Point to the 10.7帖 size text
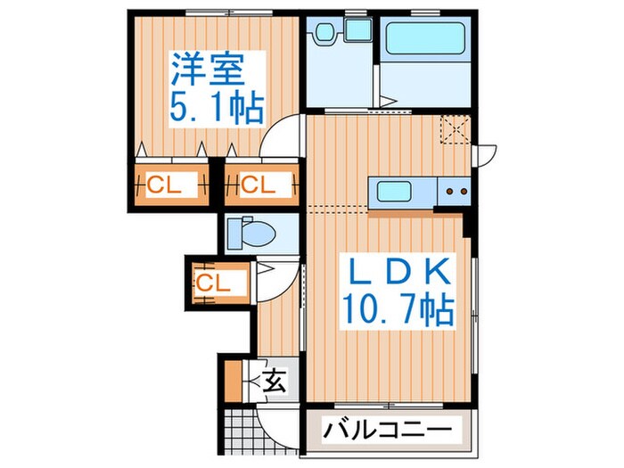397,310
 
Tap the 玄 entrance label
275,382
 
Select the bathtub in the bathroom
424,40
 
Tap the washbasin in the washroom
325,34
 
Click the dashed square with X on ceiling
457,131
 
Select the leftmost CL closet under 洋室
170,185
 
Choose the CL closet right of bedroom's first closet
259,185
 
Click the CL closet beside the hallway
213,283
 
